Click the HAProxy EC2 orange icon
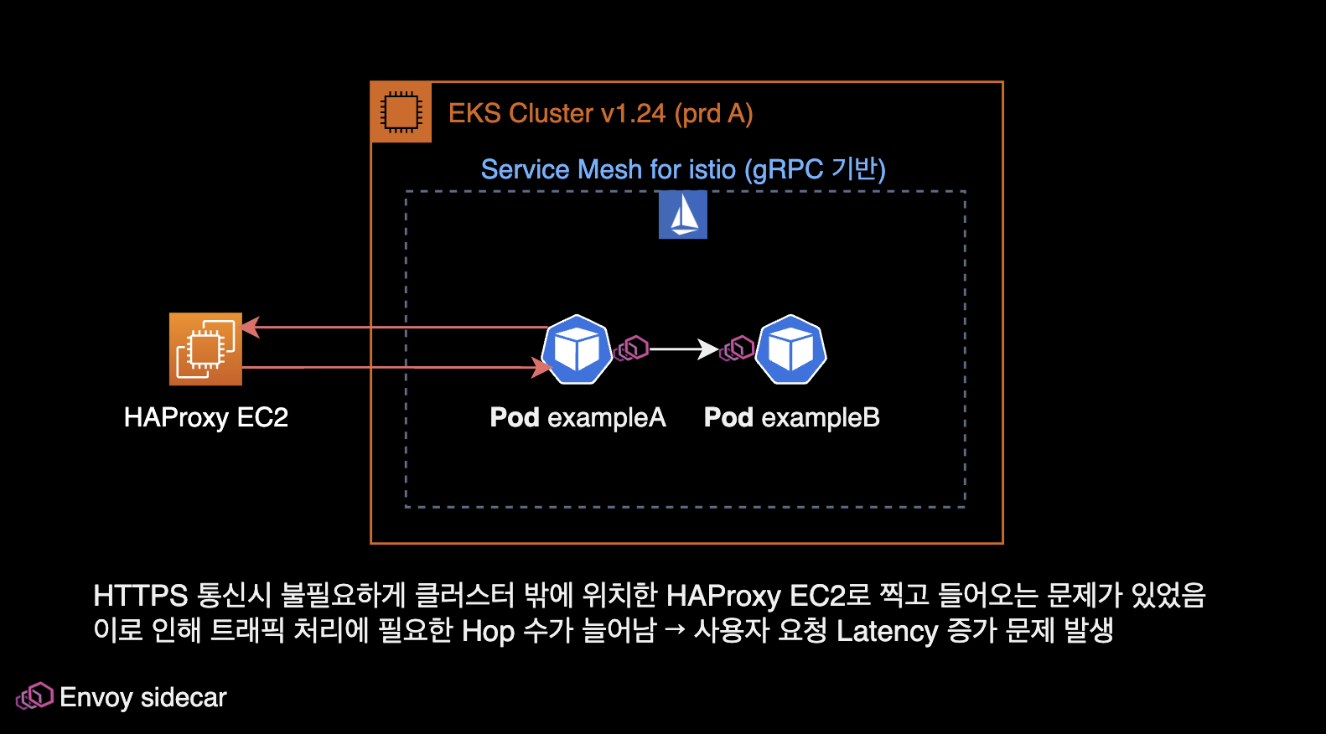click(205, 349)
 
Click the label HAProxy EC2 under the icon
click(205, 417)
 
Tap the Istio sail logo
click(682, 215)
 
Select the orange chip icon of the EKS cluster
click(401, 112)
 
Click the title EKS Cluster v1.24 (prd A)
click(600, 113)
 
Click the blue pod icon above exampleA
click(577, 349)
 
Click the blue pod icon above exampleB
click(790, 349)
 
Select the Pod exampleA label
click(578, 417)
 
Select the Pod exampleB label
click(791, 417)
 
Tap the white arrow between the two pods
click(683, 349)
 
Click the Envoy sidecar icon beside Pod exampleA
click(632, 348)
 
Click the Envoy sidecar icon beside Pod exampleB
click(738, 348)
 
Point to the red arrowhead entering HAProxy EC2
click(251, 327)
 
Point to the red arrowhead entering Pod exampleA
click(541, 367)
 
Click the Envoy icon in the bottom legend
click(34, 696)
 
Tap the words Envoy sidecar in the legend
click(143, 697)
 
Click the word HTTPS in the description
click(140, 596)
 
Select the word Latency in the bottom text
click(887, 631)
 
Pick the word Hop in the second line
click(488, 631)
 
